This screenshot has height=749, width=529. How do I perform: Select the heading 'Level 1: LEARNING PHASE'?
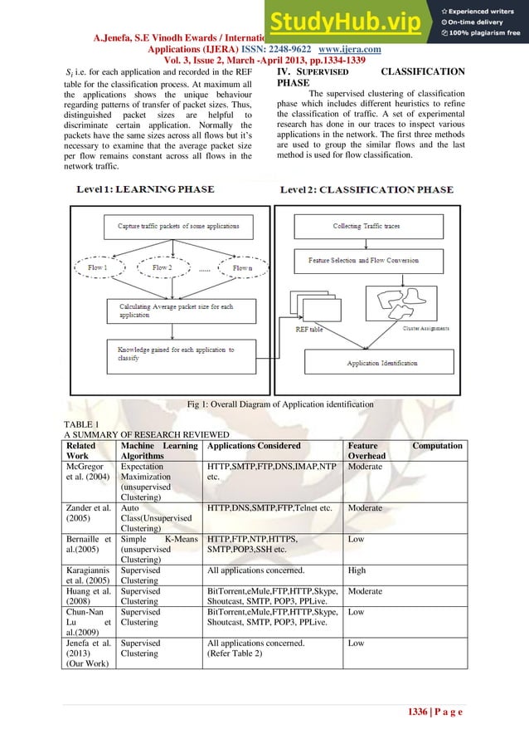coord(146,190)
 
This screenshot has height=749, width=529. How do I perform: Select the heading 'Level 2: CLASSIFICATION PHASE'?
coord(366,190)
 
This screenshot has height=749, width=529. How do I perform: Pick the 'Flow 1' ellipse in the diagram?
coord(97,267)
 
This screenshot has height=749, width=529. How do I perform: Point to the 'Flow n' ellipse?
coord(241,267)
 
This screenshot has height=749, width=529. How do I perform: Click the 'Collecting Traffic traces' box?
coord(366,226)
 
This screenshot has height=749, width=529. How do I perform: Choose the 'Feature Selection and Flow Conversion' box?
coord(362,262)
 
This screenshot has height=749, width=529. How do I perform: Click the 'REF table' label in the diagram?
coord(312,330)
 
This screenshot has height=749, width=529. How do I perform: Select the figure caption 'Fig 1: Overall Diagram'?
coord(282,404)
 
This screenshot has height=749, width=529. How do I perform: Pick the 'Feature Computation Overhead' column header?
coord(405,451)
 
